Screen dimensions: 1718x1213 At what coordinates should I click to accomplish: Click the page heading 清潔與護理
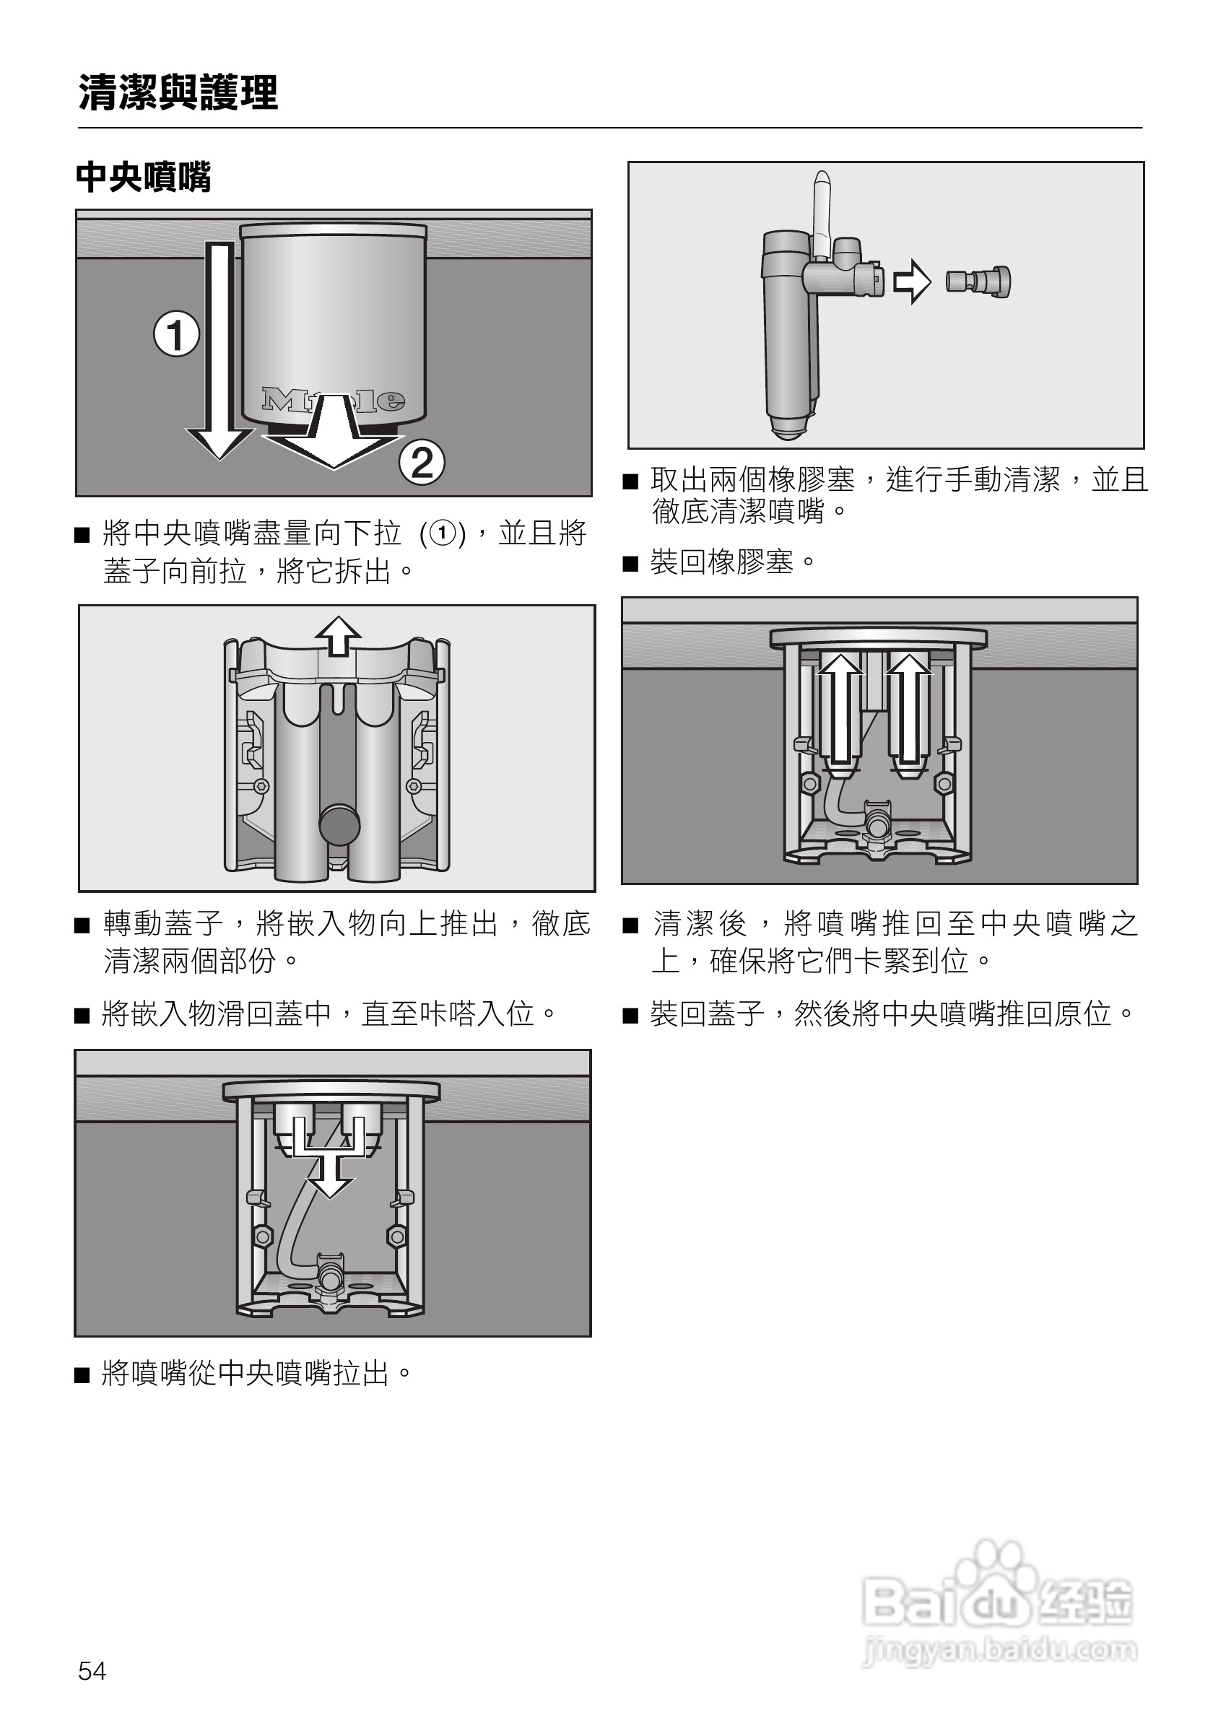[178, 93]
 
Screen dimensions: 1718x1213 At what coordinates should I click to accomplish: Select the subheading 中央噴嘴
[144, 178]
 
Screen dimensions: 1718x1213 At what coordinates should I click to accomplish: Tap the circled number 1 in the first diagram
[177, 334]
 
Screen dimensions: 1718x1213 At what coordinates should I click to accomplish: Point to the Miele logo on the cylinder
[333, 401]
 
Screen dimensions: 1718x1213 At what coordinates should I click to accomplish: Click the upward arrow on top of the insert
[338, 637]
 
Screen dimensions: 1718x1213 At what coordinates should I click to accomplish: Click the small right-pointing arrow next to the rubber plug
[912, 282]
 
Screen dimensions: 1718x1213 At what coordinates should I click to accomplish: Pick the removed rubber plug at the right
[979, 282]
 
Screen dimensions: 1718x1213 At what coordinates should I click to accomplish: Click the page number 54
[92, 1670]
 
